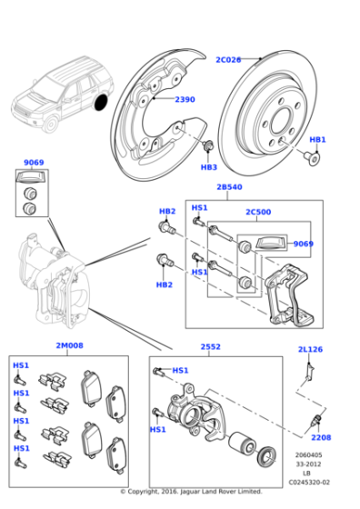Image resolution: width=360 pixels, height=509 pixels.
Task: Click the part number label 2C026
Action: (x=228, y=60)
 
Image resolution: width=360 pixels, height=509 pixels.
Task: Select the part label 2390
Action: (x=185, y=99)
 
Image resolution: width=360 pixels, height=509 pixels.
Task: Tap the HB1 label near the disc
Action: (x=317, y=140)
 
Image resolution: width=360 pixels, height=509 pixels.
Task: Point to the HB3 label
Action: (x=208, y=167)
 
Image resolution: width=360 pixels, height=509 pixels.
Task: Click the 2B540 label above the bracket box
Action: (x=228, y=187)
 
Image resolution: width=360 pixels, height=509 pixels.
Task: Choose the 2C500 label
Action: (x=257, y=213)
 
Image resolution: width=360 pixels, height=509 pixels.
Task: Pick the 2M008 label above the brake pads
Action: (x=69, y=346)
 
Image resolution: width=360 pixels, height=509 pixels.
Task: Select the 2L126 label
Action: (x=311, y=350)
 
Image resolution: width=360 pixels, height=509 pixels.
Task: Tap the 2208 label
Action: (x=321, y=437)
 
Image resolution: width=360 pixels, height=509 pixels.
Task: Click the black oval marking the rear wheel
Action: (x=101, y=99)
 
